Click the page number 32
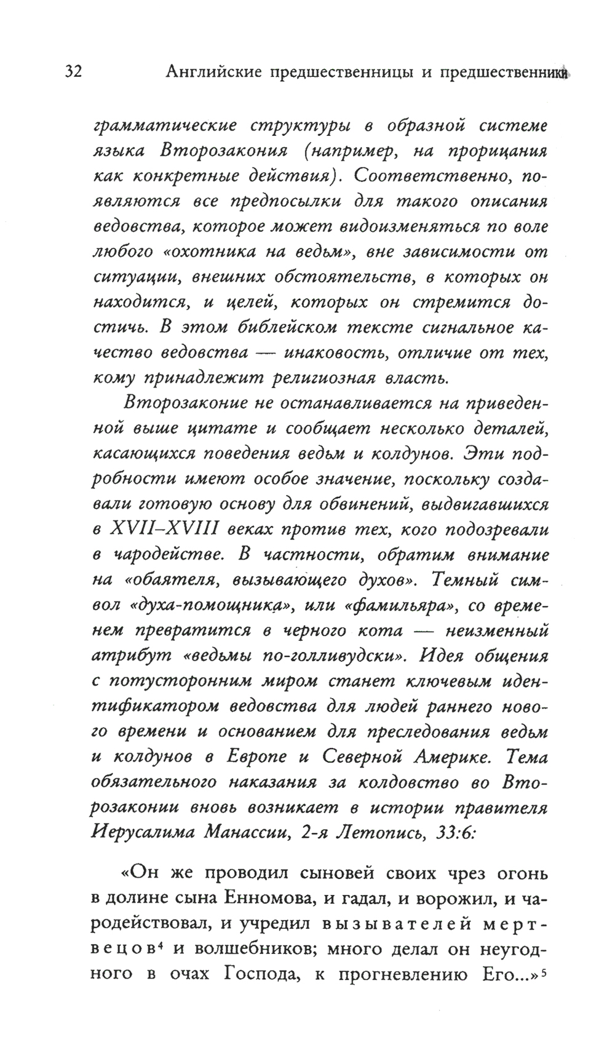[73, 73]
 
